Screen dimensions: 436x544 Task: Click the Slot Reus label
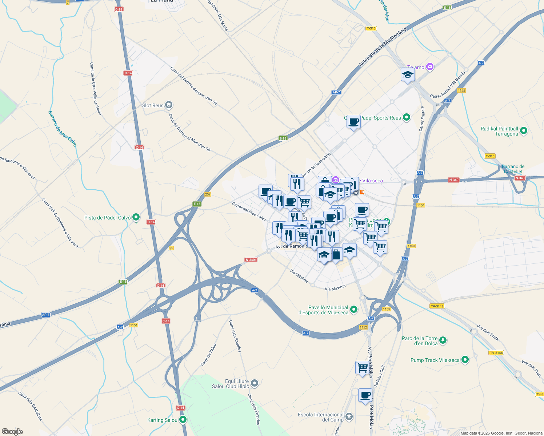153,105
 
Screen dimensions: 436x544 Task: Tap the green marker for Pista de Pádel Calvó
136,218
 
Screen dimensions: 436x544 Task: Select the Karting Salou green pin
183,420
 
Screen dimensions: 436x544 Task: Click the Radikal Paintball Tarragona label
499,131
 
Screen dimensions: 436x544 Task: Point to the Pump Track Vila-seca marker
465,360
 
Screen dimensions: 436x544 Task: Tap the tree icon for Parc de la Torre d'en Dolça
443,340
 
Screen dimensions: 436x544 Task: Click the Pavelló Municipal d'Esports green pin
354,310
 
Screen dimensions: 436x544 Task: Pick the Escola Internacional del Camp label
320,417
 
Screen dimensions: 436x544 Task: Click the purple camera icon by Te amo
430,66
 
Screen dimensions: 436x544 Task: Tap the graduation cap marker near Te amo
408,75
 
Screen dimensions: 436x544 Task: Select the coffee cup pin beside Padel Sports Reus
353,122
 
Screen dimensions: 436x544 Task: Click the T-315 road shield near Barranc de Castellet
490,156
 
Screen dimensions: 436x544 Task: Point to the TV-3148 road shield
437,306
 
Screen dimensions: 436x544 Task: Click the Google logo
12,432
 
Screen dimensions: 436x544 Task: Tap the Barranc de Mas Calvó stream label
63,129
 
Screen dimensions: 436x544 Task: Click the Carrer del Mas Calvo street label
249,211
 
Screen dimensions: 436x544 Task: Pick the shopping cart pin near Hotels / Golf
363,368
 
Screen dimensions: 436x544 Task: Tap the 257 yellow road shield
208,194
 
